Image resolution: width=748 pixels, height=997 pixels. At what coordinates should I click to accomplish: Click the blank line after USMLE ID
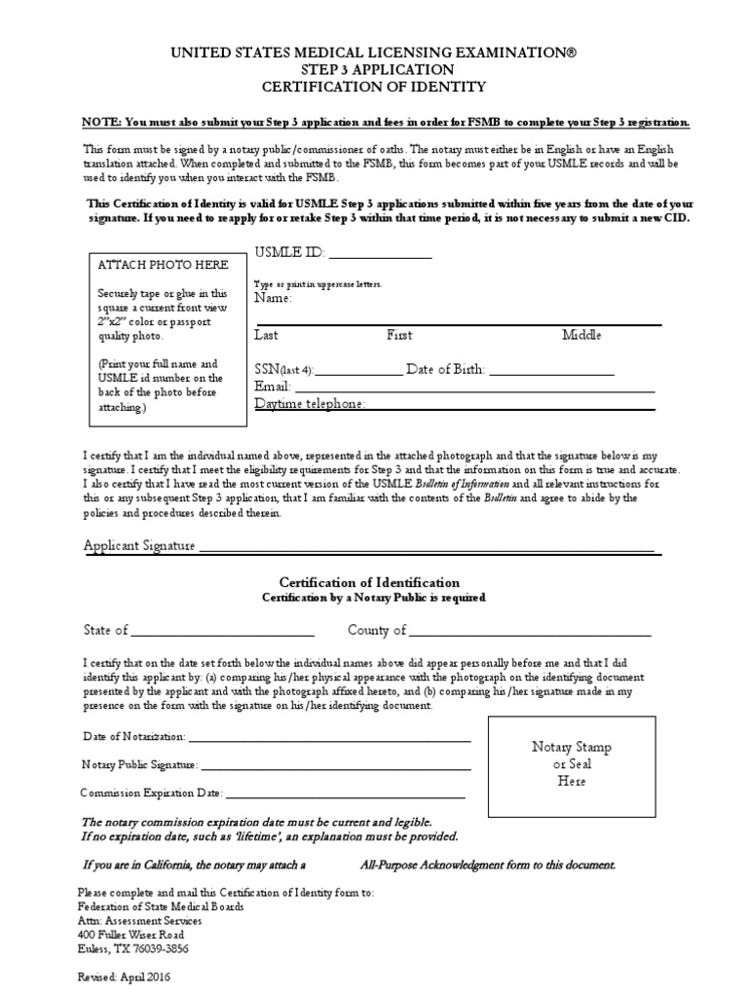(379, 256)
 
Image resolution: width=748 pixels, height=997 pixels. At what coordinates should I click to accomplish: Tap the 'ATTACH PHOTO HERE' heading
(165, 265)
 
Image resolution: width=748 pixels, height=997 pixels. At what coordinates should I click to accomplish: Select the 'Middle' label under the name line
(581, 335)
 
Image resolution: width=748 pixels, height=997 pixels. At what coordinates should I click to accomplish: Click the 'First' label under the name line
(399, 335)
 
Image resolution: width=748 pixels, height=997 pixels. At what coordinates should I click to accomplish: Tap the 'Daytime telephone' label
(310, 403)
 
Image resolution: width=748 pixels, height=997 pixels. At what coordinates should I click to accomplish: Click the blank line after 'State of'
(222, 633)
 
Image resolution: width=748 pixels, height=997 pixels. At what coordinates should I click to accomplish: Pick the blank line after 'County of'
(530, 633)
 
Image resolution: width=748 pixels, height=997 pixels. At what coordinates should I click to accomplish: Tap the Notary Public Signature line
(336, 767)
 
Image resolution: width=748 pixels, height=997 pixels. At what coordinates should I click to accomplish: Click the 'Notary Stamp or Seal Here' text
(572, 763)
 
